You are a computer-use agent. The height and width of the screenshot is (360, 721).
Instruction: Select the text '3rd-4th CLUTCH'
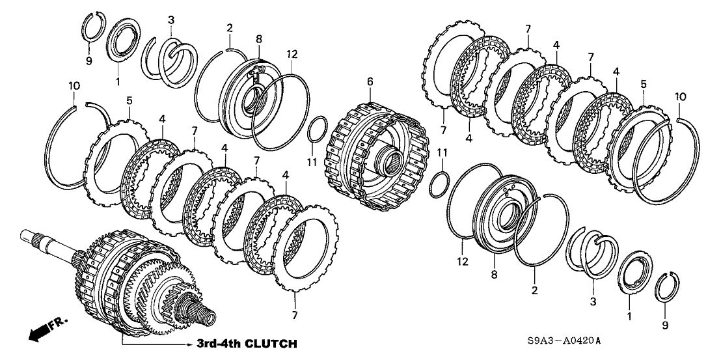(x=247, y=343)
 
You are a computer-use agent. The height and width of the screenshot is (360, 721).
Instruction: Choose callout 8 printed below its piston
(x=493, y=275)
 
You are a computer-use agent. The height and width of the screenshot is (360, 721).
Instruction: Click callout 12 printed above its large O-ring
(x=292, y=53)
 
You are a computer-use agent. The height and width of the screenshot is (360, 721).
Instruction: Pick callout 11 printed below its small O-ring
(x=312, y=160)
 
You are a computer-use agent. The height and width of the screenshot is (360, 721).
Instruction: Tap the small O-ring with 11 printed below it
(x=318, y=129)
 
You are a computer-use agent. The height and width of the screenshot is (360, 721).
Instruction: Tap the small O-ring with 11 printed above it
(x=441, y=184)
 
